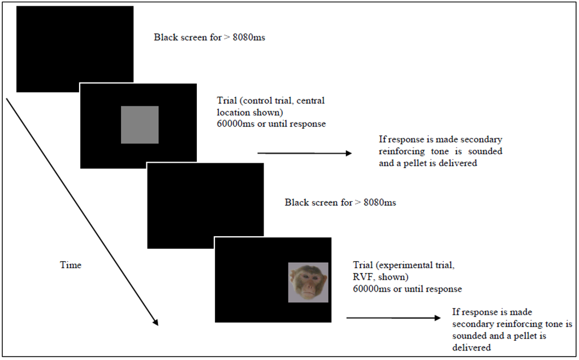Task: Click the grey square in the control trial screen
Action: (x=140, y=124)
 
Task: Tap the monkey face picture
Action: (x=308, y=282)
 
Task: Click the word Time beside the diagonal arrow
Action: (x=71, y=265)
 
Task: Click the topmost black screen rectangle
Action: (x=75, y=49)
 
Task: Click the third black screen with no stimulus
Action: (x=205, y=206)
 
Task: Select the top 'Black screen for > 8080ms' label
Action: (x=209, y=38)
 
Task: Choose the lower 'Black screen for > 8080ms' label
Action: (x=340, y=202)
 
